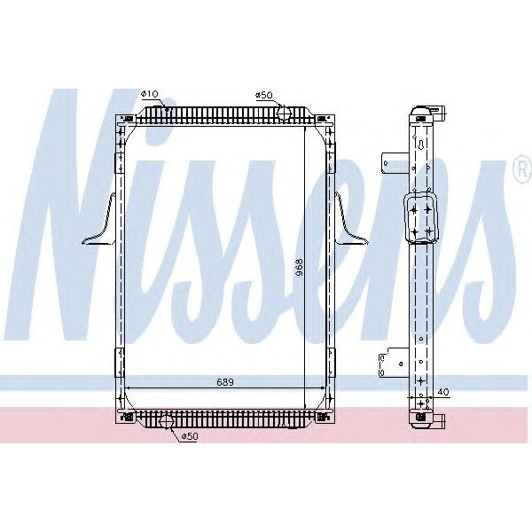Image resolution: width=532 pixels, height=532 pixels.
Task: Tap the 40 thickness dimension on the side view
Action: (x=443, y=391)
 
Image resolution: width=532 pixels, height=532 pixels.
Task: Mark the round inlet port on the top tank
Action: (x=283, y=113)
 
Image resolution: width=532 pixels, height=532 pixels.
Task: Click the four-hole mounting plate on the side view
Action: (x=419, y=216)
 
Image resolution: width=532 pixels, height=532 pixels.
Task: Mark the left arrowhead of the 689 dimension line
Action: (x=129, y=387)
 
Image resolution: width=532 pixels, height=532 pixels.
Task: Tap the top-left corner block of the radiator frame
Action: (x=122, y=117)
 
